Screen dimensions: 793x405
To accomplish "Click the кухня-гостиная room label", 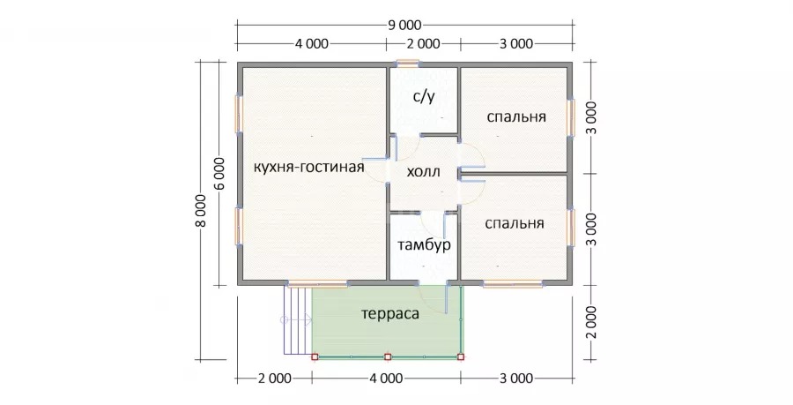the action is point(308,168).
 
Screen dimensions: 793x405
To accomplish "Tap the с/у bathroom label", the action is point(424,97).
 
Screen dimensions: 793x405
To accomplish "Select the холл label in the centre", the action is point(424,172).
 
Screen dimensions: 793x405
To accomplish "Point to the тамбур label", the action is point(424,245).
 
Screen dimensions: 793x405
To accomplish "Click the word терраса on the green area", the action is point(390,314).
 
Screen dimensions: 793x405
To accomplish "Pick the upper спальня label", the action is point(516,117).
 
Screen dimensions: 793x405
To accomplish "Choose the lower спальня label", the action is point(515,224).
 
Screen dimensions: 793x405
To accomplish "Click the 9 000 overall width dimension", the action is point(404,25).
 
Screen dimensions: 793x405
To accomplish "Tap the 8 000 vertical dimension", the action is point(201,211).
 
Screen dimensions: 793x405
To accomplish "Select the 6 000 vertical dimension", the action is point(220,173).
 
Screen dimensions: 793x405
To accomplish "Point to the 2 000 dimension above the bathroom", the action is point(423,44).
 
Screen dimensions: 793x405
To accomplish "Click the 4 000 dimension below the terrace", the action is point(387,379).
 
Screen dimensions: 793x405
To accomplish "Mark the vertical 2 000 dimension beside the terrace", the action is point(592,322).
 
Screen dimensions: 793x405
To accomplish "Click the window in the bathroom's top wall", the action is point(408,64).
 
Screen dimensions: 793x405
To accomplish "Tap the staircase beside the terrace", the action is point(297,320).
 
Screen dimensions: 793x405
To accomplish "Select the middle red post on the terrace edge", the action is point(388,356).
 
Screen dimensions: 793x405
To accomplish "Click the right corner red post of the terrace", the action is point(460,356).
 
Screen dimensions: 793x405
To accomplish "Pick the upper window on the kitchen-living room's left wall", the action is point(239,115).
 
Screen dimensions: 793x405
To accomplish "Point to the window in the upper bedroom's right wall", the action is point(572,117).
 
